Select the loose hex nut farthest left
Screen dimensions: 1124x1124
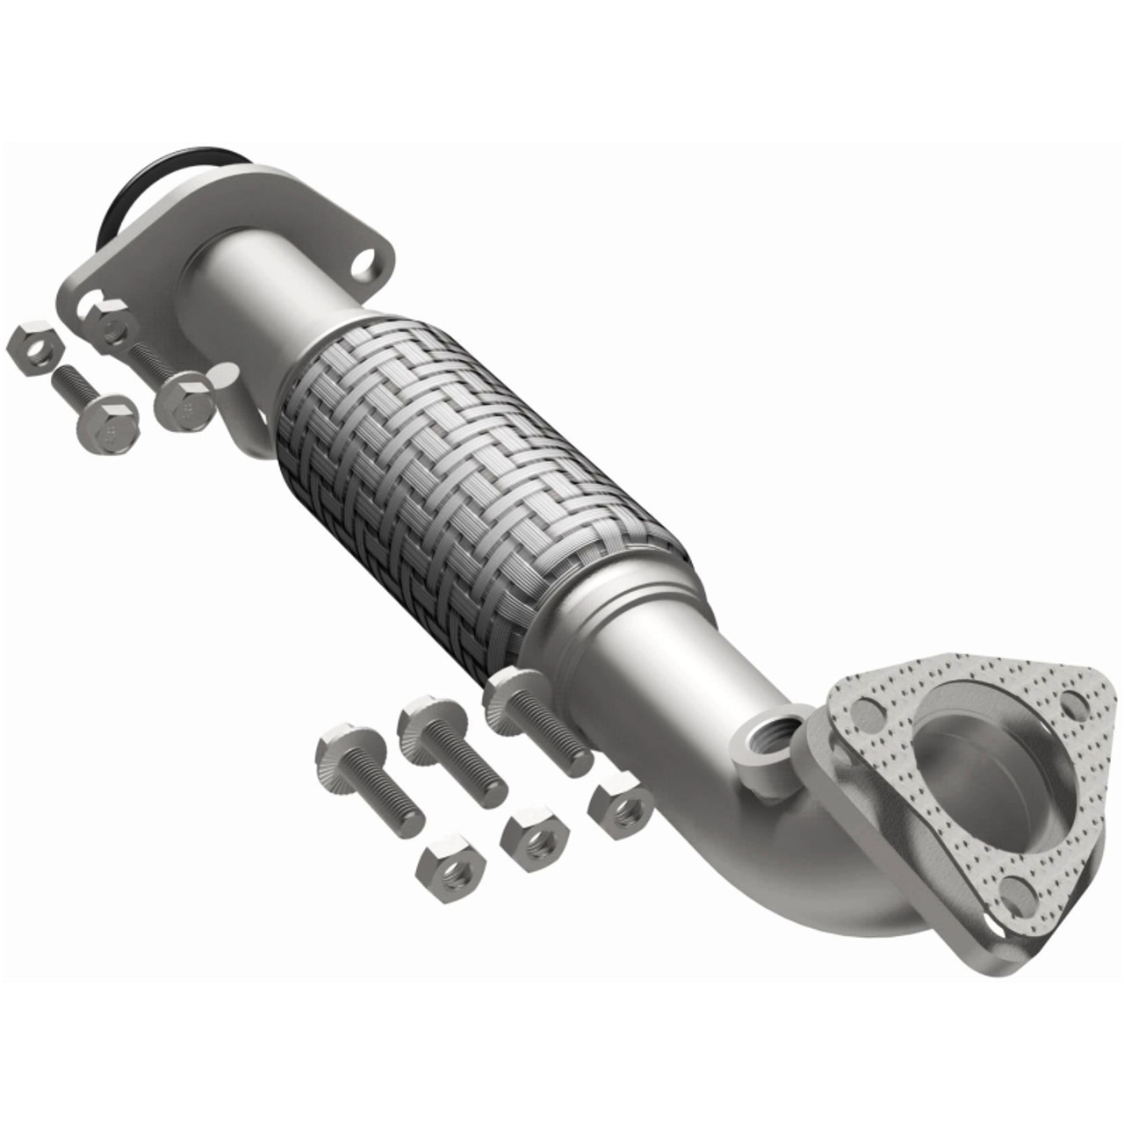coord(33,349)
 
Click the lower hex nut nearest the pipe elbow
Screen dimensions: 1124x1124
coord(620,805)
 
